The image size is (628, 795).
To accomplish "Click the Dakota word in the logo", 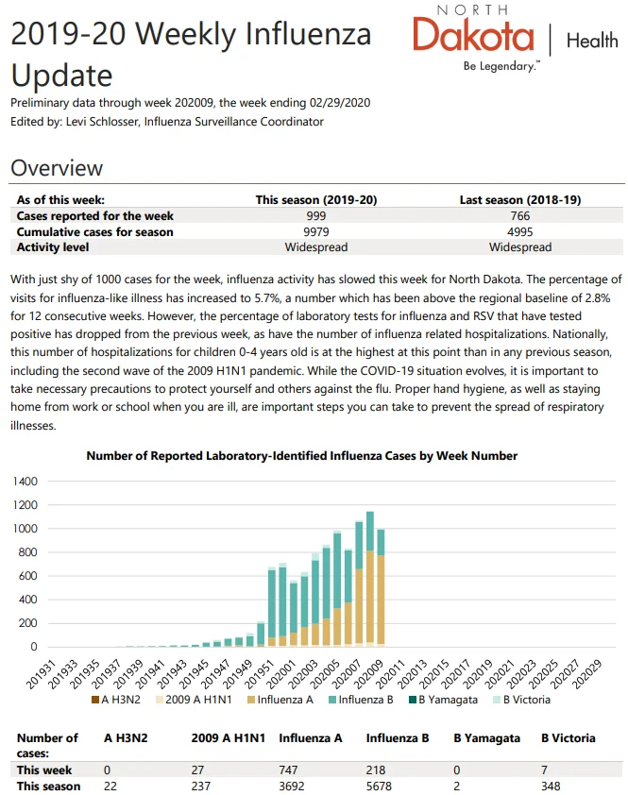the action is (473, 35).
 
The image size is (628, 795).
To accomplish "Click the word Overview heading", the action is (57, 168).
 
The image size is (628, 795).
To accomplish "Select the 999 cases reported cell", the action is (316, 216).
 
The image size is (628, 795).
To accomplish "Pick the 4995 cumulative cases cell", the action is (520, 231).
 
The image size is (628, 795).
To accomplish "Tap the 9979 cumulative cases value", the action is (316, 231).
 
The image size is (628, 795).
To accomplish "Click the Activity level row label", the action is (53, 247).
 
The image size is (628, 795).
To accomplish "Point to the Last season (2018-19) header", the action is (520, 200).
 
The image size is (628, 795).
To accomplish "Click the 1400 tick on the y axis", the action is (25, 482).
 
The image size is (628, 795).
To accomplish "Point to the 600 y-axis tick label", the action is (28, 576).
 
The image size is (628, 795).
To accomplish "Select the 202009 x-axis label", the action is (369, 674).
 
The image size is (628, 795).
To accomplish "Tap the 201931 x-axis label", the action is (40, 674).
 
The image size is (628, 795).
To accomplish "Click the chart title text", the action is (302, 456).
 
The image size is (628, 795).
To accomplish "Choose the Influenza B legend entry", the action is (361, 700).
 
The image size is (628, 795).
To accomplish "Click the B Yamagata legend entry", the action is (443, 700).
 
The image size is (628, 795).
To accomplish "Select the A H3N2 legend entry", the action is (115, 700).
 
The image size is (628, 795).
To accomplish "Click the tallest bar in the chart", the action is (370, 579).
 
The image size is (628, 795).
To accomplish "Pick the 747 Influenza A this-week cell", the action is (288, 770).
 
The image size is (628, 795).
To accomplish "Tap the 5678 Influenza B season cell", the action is (379, 786).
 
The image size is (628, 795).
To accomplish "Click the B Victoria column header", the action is (569, 738).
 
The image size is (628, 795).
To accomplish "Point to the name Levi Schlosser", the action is (103, 122).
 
